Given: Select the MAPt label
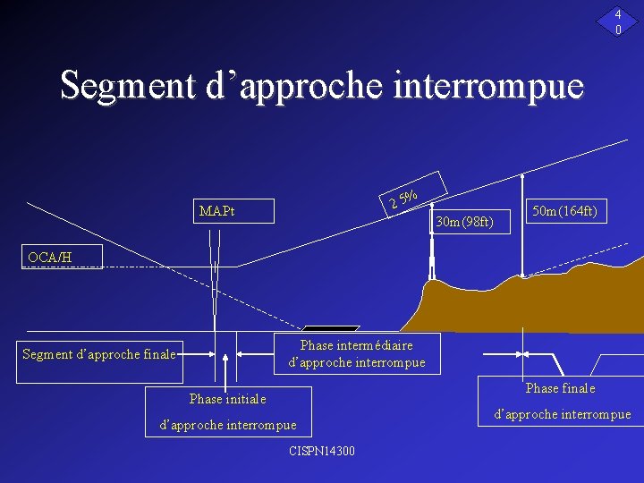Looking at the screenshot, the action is [217, 212].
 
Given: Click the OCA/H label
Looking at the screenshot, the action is [49, 258].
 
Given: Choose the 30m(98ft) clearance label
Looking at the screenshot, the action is [464, 221].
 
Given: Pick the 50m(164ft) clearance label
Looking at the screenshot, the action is [564, 211].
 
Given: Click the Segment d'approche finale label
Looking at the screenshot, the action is [98, 354].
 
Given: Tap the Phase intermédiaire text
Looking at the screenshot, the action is [357, 345].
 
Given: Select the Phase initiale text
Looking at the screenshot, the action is [227, 399].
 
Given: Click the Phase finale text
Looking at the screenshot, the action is [560, 388].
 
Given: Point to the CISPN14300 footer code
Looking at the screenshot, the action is [322, 451].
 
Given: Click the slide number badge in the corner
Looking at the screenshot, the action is [618, 21].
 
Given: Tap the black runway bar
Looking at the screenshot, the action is [332, 329].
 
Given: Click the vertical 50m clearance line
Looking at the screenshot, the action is [523, 224].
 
